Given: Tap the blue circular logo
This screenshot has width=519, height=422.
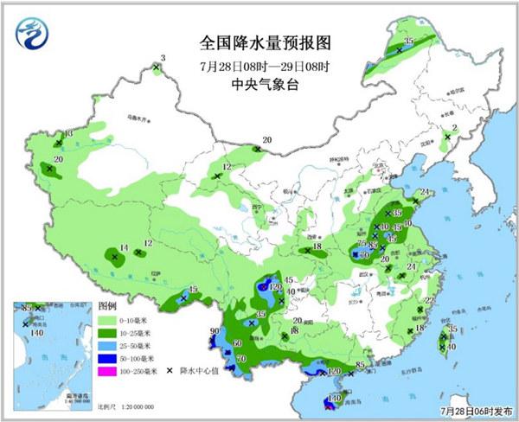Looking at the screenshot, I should point(34,33).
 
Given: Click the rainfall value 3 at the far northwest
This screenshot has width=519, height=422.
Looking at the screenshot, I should point(163,58).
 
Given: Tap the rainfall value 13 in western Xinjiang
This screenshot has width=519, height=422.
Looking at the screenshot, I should point(68,133).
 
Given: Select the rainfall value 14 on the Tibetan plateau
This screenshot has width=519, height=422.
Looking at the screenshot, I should point(124,247).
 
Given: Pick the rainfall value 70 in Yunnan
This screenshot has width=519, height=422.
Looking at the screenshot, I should point(241,358).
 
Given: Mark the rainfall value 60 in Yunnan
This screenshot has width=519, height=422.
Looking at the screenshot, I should point(237,343).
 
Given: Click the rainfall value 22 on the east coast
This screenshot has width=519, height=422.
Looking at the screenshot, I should point(430,300).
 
